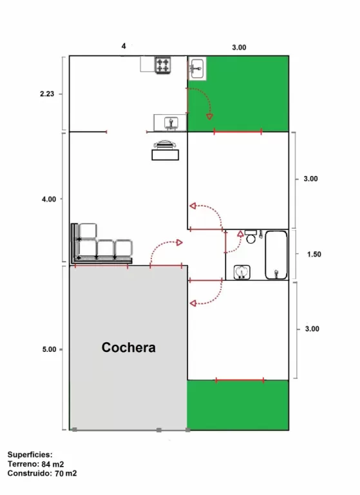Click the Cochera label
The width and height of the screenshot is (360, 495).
(x=128, y=347)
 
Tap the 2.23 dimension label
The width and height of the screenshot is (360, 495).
(x=47, y=93)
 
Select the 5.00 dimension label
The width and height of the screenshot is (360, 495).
(x=49, y=349)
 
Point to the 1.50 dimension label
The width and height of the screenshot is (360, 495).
(x=314, y=254)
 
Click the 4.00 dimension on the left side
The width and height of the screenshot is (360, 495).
(x=49, y=199)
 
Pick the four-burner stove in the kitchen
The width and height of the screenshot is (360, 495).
(x=163, y=65)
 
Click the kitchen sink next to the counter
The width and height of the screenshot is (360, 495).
(x=171, y=123)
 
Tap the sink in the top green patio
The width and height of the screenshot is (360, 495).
(x=197, y=68)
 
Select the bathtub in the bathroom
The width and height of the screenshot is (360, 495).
(x=276, y=255)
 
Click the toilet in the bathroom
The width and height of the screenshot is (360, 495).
(x=251, y=237)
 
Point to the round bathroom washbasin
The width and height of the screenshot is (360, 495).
(x=242, y=272)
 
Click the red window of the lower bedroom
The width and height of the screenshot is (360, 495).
(x=240, y=380)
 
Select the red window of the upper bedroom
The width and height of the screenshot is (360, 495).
(x=238, y=131)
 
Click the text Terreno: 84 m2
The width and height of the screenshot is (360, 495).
(x=35, y=464)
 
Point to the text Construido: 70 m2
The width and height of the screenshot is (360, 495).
(x=42, y=473)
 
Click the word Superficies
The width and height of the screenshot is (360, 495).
(x=30, y=455)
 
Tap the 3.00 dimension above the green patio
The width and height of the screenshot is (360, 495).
(x=239, y=47)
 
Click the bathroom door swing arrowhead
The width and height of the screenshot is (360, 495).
(x=240, y=233)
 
